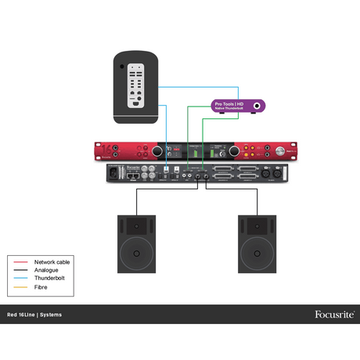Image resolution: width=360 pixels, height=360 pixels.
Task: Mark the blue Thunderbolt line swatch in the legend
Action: click(x=20, y=279)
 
